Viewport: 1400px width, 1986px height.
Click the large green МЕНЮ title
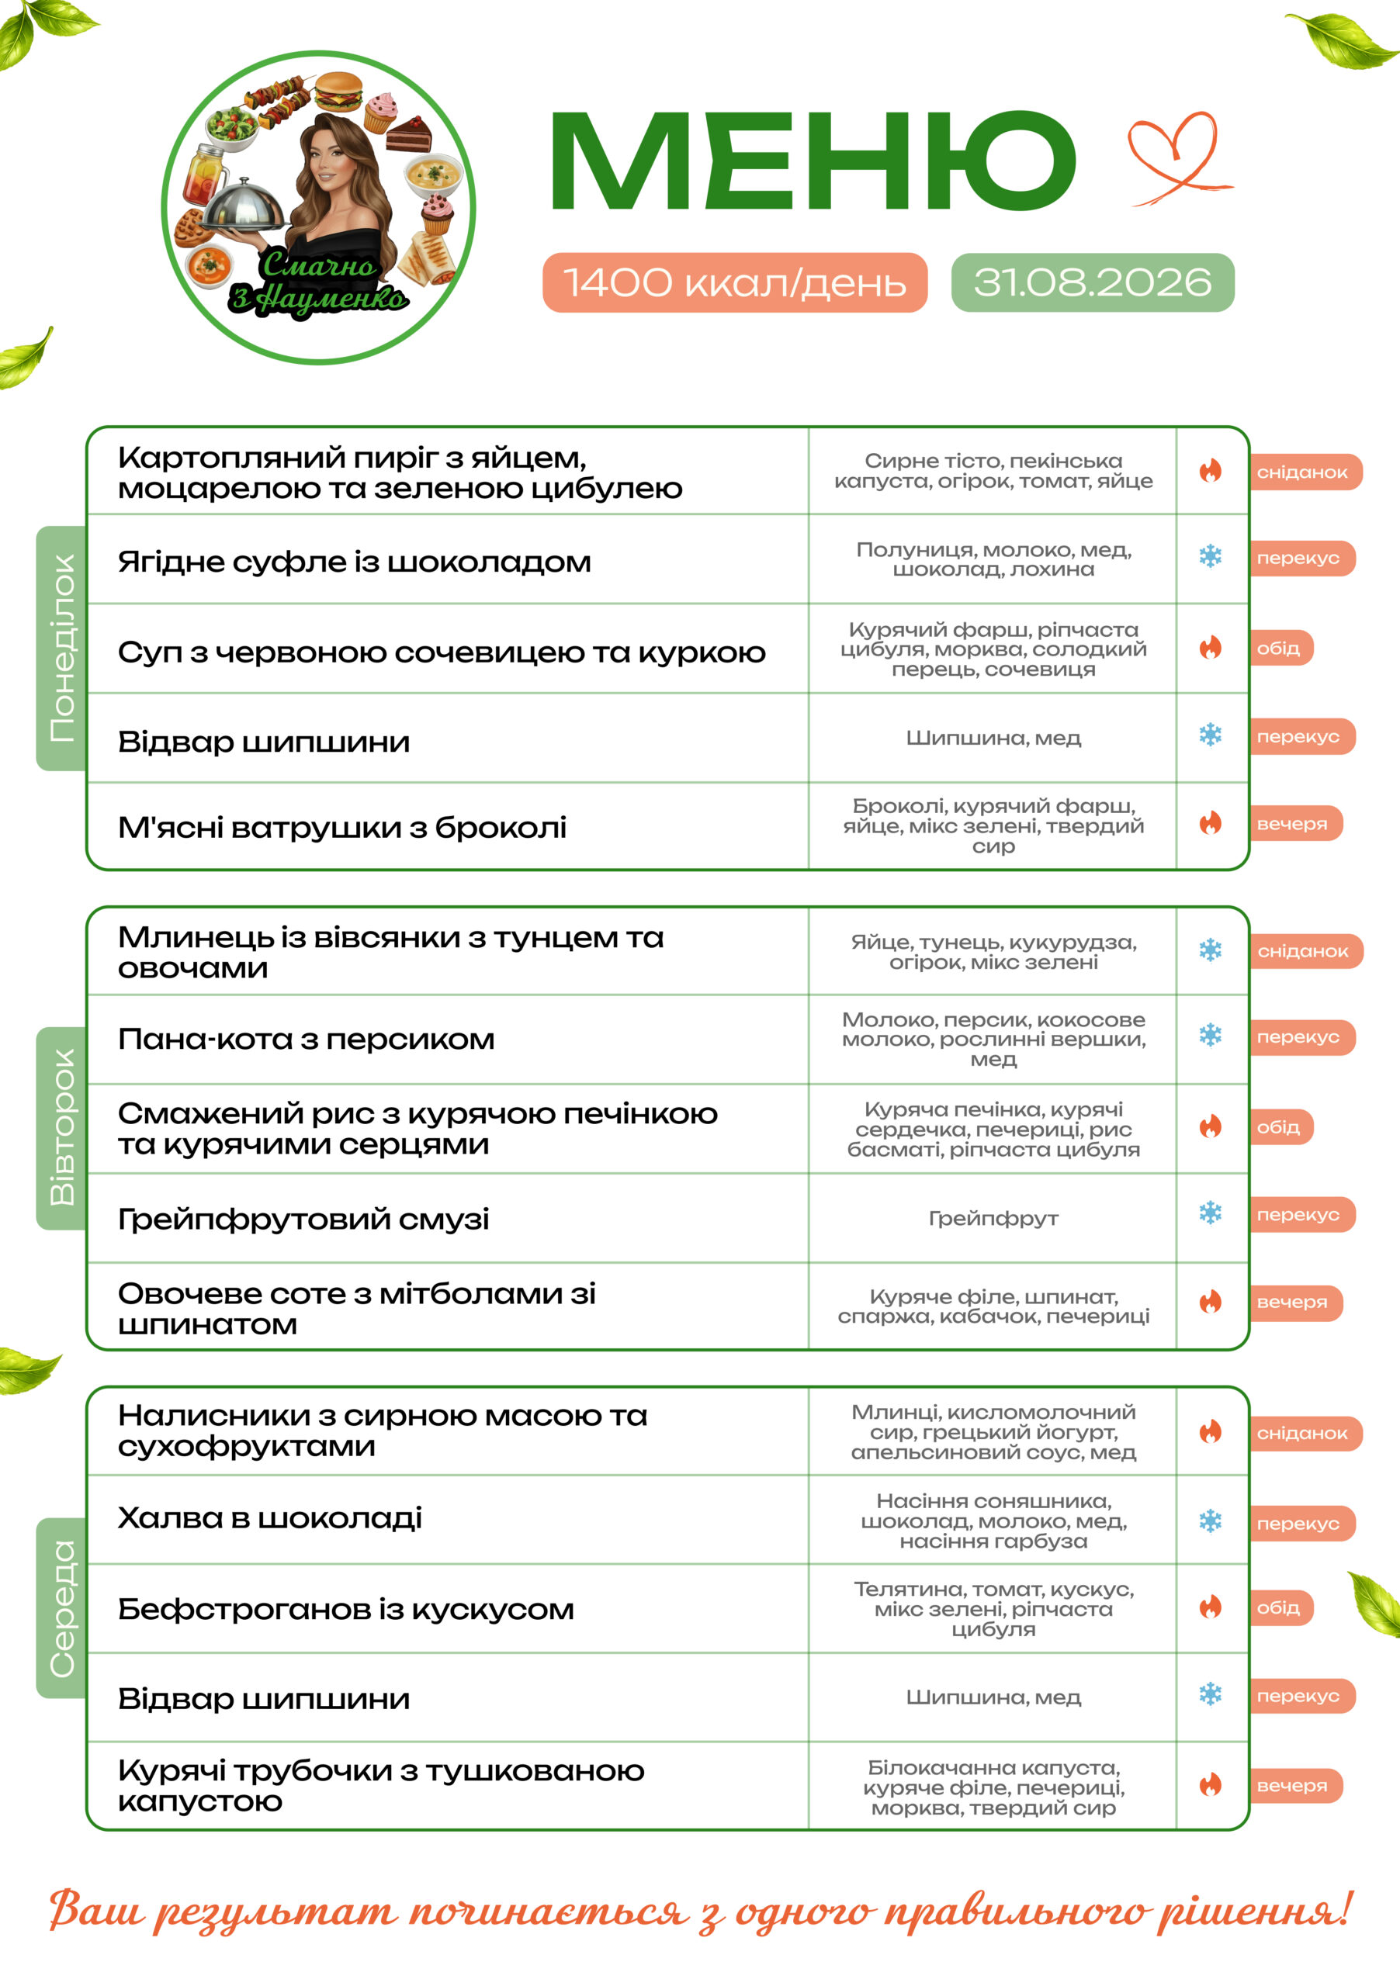[813, 161]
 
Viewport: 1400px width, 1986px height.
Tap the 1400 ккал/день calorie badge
[735, 282]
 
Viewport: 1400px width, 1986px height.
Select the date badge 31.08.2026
[1092, 282]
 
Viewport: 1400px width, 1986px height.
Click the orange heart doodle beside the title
[1179, 158]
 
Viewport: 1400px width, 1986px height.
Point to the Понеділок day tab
[61, 648]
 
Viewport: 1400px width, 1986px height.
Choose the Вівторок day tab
[61, 1127]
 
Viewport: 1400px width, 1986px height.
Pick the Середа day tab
[61, 1608]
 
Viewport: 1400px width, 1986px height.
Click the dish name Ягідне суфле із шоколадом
[354, 562]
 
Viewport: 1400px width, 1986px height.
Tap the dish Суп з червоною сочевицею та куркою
[442, 652]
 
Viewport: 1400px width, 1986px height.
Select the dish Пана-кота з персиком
[307, 1039]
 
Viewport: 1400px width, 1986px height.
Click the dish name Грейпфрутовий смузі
[303, 1219]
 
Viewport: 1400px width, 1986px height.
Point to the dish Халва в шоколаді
[270, 1518]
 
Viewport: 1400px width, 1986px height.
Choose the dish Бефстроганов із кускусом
[345, 1609]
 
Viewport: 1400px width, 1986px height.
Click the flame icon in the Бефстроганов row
[1211, 1607]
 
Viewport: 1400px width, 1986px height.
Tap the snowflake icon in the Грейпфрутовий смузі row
[1211, 1213]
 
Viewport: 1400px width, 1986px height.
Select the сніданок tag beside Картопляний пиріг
[1305, 472]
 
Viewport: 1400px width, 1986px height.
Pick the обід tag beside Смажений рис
[1280, 1127]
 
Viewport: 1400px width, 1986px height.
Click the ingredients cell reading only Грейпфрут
[993, 1218]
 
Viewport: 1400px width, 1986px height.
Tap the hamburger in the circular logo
[338, 90]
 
